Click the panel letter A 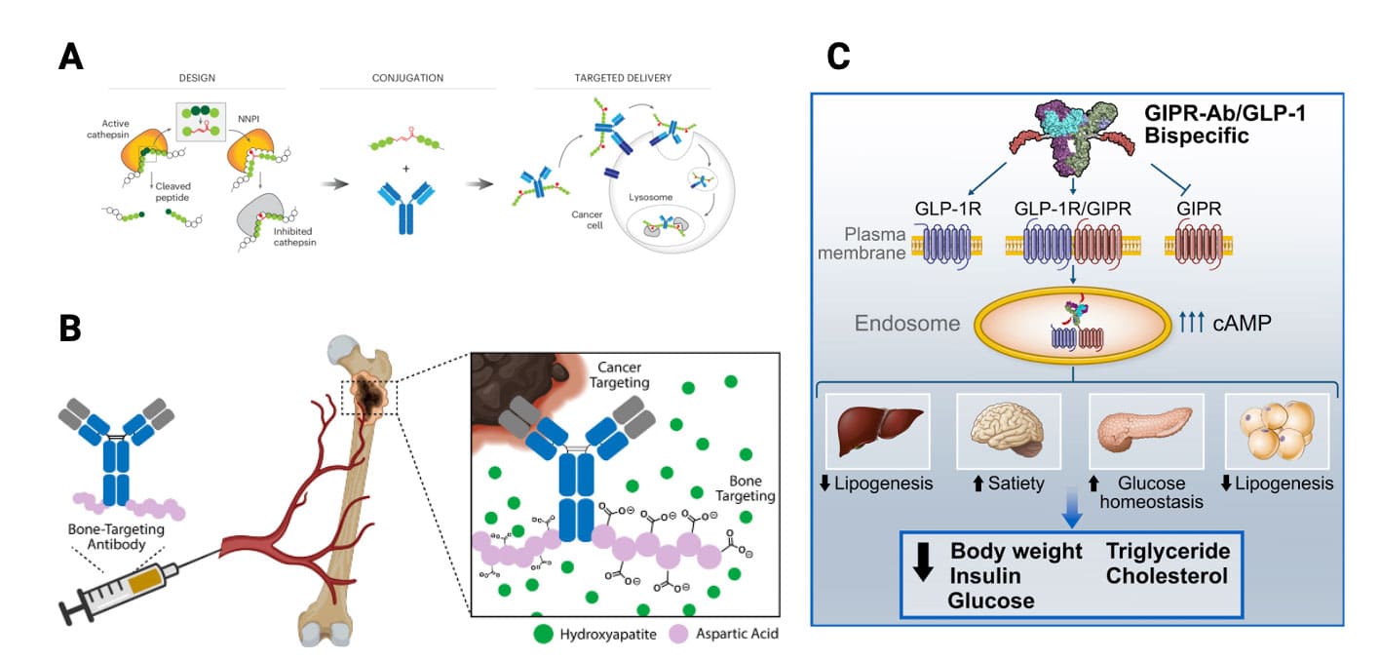70,57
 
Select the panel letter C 838,57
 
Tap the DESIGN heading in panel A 197,77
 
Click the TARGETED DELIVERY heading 624,77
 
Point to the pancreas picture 1135,430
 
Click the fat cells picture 1275,430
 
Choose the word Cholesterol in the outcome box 1167,575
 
